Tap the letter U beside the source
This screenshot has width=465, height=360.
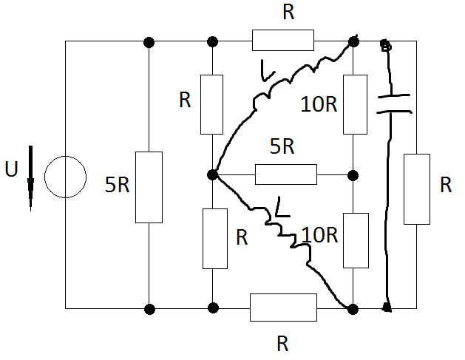pos(12,169)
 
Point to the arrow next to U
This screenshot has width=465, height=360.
pos(30,178)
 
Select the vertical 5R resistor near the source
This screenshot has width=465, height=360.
pos(149,187)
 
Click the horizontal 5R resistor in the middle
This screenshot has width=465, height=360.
pos(286,174)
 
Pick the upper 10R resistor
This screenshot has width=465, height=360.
pos(355,104)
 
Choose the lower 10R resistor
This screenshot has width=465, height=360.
pos(356,240)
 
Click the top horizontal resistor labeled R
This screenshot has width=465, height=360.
pos(283,40)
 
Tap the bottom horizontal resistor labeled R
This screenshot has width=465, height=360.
pos(283,308)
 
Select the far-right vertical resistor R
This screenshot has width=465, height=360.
pos(417,189)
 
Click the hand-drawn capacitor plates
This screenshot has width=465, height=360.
pos(394,103)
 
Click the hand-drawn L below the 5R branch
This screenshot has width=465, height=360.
pos(282,207)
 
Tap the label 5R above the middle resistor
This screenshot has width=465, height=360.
pos(282,146)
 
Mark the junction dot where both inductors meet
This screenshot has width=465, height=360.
pos(213,174)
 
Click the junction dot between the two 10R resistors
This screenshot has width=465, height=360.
pos(353,175)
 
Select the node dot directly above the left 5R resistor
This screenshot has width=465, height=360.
pos(149,42)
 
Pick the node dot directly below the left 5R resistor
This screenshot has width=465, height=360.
pos(149,309)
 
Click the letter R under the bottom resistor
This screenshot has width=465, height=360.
pos(282,344)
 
